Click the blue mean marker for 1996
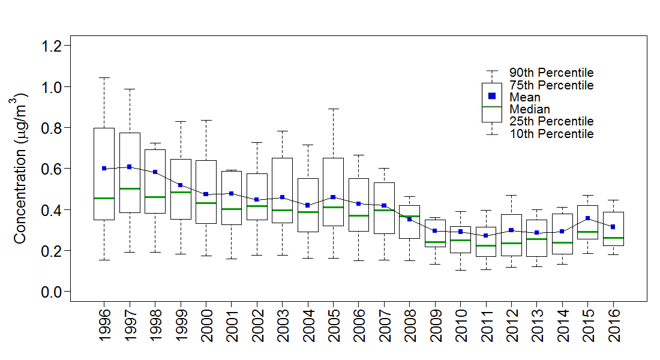tap(104, 169)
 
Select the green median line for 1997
tap(130, 188)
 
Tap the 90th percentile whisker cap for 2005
tap(333, 109)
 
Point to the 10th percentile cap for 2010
tap(460, 270)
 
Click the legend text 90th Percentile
tap(551, 73)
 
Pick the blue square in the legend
tap(492, 96)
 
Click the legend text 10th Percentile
tap(551, 134)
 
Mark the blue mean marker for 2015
tap(588, 218)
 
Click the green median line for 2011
tap(486, 245)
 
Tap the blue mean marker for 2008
tap(410, 219)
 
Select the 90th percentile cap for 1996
tap(104, 77)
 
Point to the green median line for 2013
tap(537, 239)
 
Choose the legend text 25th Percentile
tap(551, 122)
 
